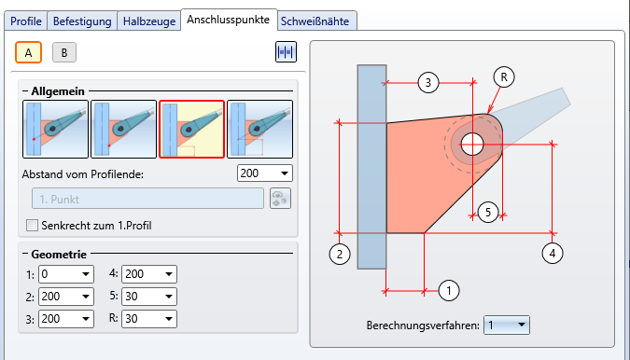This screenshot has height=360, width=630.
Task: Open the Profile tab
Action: coord(26,21)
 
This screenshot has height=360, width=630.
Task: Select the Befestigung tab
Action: coord(82,21)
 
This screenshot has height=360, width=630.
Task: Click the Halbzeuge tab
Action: coord(149,21)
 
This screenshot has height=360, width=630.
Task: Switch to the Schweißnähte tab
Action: coord(315,21)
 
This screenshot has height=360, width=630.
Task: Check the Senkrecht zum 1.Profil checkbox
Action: coord(32,225)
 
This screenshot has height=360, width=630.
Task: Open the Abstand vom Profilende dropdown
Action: coord(265,173)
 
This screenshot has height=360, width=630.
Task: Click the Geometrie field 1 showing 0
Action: coord(66,274)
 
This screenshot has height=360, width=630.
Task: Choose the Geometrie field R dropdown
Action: coord(149,319)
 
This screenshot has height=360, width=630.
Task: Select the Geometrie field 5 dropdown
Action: coord(149,297)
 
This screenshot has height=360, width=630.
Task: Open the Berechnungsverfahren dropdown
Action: coord(507,325)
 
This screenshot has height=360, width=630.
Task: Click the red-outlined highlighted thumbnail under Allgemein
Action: coord(191,130)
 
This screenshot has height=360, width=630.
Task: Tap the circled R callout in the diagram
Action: coord(504,77)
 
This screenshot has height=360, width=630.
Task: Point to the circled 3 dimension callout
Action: coord(427,83)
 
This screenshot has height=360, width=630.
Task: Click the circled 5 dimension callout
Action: coord(488,213)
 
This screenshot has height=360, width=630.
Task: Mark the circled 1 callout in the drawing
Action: coord(449,290)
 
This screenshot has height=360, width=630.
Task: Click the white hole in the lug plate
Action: coord(472,144)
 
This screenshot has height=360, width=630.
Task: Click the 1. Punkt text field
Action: coord(147,199)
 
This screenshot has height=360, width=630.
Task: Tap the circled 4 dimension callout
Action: coord(552,254)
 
